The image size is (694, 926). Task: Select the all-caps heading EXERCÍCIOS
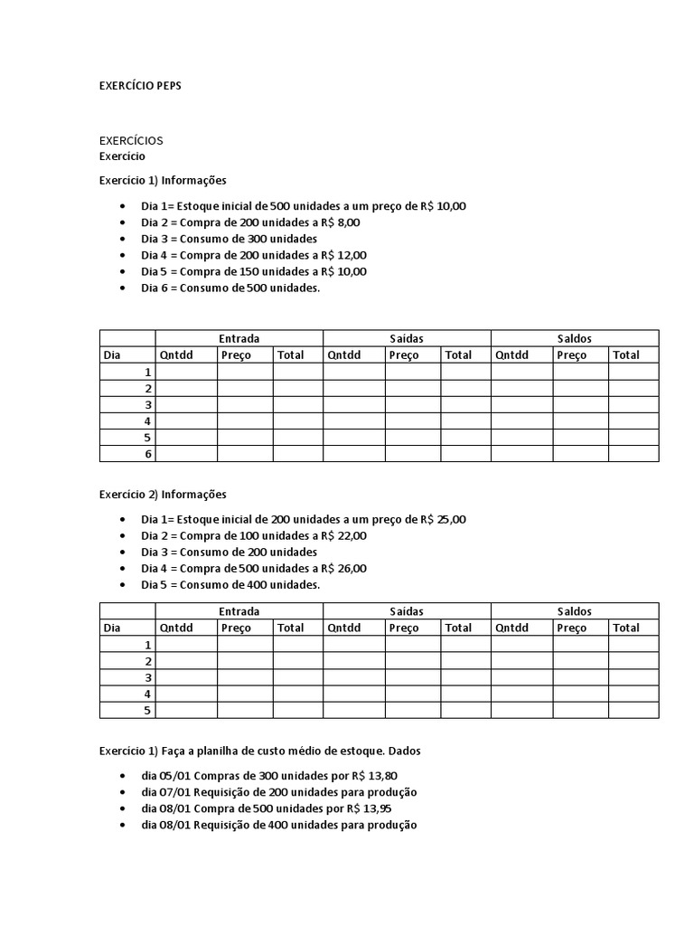[131, 140]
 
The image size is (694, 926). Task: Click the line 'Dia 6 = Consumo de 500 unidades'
[230, 288]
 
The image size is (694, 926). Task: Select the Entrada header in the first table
[239, 338]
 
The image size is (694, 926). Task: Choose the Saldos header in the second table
[574, 611]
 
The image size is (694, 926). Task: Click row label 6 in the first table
[148, 454]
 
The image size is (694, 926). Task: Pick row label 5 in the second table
[148, 711]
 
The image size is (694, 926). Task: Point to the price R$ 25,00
[443, 519]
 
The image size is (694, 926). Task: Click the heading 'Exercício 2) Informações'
[163, 495]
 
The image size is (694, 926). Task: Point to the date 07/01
[176, 792]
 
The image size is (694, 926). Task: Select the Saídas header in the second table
[407, 611]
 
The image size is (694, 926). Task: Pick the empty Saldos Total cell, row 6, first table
[633, 454]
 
